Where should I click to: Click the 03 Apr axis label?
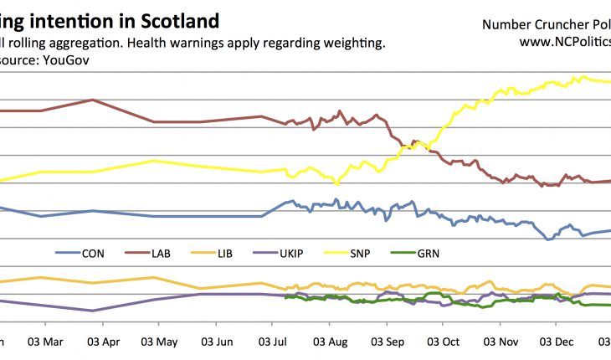(101, 342)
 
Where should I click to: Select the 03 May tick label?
(158, 342)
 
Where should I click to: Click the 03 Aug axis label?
(331, 342)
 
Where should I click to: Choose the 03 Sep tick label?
(388, 342)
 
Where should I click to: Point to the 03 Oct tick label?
(444, 342)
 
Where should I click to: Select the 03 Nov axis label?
(502, 342)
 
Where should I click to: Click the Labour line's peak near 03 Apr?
(92, 100)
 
